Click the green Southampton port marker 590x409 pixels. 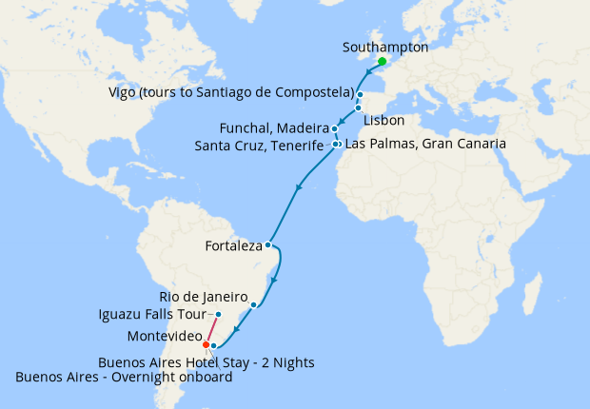(x=382, y=62)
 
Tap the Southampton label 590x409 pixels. (x=384, y=47)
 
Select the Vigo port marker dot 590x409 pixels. (x=361, y=95)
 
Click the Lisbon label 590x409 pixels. (x=384, y=121)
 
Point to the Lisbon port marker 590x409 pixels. (x=358, y=108)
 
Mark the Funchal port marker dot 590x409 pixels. (x=335, y=128)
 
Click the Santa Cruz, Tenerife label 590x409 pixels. (x=259, y=146)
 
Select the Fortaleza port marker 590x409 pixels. (x=268, y=245)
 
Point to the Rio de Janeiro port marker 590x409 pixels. (x=253, y=304)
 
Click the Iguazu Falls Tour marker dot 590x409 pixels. (x=218, y=315)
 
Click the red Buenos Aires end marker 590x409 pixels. (x=206, y=343)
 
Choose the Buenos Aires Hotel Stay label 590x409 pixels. (x=206, y=362)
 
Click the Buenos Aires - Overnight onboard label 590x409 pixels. (x=124, y=378)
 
